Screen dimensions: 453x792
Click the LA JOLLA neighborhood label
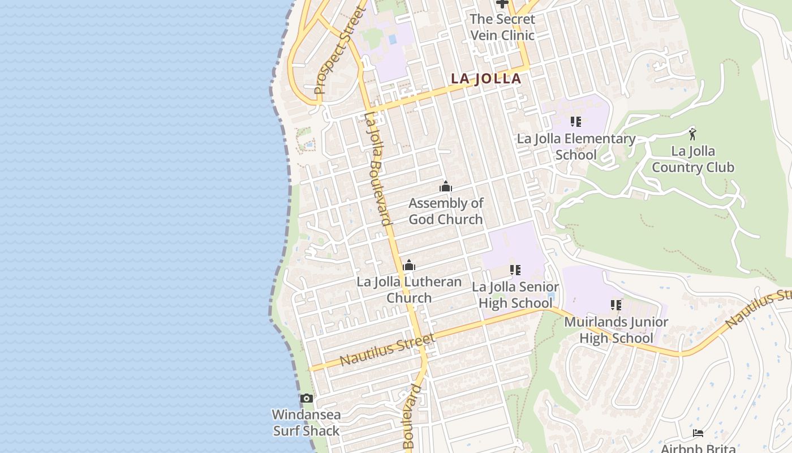point(485,79)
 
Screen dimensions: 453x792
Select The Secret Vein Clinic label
point(502,27)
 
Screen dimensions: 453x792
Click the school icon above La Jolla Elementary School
point(576,122)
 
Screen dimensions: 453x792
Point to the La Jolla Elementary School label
point(576,147)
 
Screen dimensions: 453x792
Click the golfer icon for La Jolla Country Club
point(692,134)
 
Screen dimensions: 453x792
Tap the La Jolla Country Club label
point(692,159)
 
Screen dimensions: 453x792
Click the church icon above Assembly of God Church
point(446,186)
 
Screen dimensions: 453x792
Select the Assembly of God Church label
point(446,211)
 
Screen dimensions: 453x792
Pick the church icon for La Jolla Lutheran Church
point(409,265)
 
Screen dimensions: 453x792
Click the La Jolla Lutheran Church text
point(409,290)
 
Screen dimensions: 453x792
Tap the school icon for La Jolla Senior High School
point(515,270)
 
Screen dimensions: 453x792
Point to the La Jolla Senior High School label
point(515,295)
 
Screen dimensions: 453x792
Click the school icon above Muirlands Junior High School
point(616,305)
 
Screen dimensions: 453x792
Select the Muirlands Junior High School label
point(616,330)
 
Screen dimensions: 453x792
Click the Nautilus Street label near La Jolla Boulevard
point(388,350)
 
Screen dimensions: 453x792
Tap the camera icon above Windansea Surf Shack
point(306,398)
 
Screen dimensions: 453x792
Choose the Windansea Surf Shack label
point(306,422)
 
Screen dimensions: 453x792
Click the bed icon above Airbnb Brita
point(698,433)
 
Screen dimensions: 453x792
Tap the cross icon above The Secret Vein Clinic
point(502,3)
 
